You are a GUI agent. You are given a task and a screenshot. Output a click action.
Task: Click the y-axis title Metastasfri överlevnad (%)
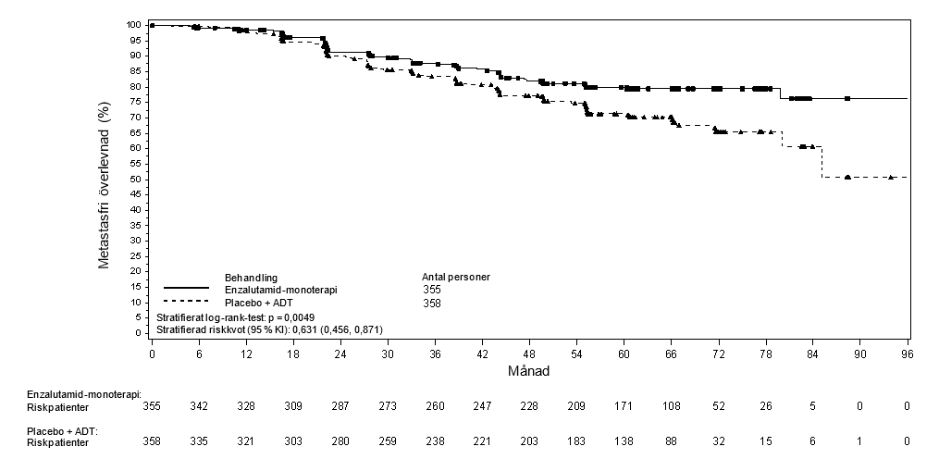pos(104,186)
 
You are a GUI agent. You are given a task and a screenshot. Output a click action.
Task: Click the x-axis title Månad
pos(529,371)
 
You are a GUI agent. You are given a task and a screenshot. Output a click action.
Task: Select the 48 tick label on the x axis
pos(529,354)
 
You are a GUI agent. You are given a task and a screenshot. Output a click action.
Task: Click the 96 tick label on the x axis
pos(908,354)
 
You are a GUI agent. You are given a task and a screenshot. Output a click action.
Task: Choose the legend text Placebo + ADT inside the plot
pos(259,304)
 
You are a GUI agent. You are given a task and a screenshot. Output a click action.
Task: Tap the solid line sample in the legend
pos(186,288)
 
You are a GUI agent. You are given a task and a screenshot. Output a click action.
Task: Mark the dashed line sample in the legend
pos(186,301)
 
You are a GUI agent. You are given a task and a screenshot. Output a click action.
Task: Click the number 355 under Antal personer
pos(432,290)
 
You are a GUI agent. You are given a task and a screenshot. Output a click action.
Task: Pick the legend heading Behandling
pos(251,278)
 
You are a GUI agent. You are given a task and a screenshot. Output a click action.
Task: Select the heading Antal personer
pos(456,277)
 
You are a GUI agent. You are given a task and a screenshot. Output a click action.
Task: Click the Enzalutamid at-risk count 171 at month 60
pos(624,406)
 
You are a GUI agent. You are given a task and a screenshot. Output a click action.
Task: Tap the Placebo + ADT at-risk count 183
pos(576,441)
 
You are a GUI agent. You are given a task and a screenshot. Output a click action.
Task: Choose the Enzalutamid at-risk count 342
pos(200,406)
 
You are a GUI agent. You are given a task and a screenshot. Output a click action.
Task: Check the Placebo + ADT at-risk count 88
pos(671,441)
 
